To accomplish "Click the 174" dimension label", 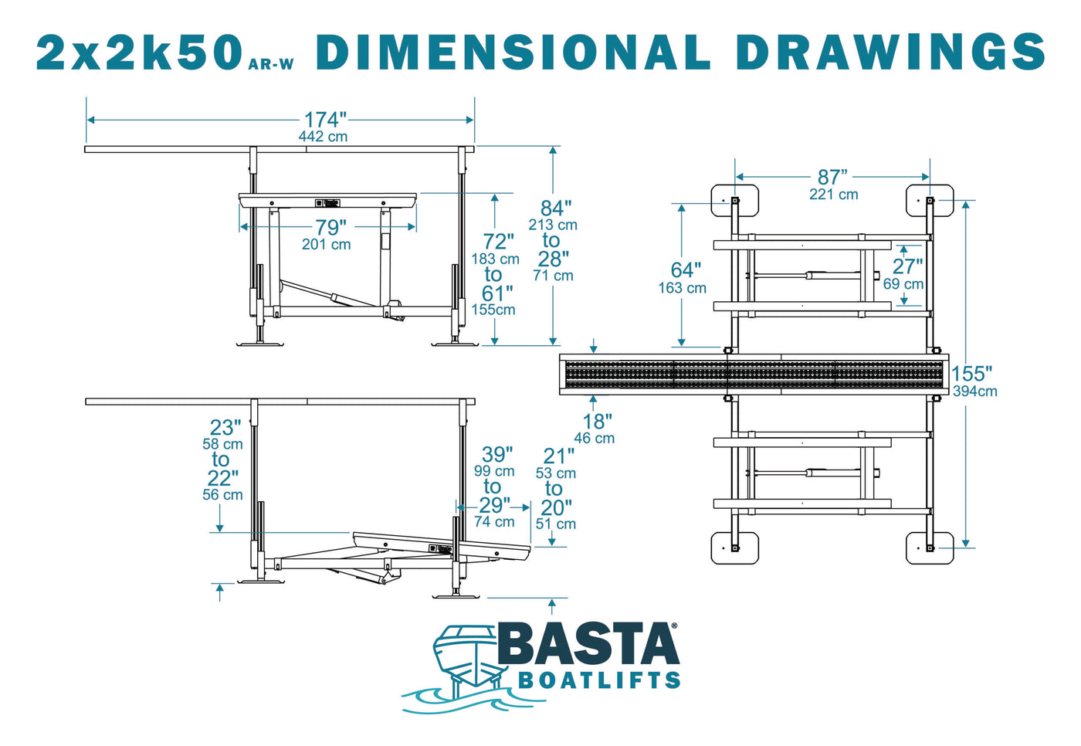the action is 325,120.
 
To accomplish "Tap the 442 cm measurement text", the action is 323,137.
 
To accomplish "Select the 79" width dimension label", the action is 331,227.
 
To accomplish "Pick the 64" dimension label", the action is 686,270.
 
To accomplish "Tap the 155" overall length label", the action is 971,374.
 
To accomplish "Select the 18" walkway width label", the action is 597,422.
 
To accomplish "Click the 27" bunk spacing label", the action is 907,266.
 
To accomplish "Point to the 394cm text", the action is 974,392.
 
